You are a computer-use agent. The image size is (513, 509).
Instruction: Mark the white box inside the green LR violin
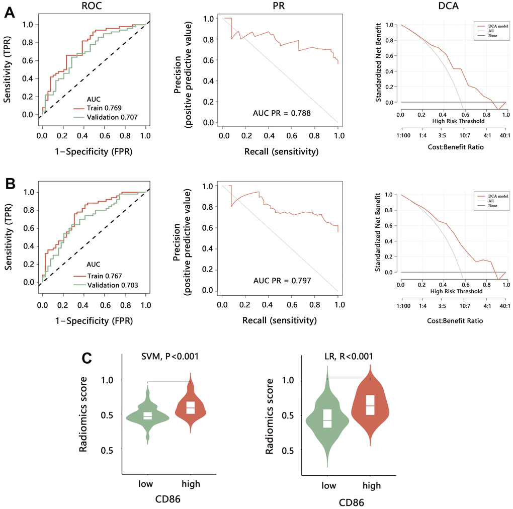click(x=327, y=417)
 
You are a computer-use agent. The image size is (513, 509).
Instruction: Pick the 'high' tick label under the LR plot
click(x=371, y=485)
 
